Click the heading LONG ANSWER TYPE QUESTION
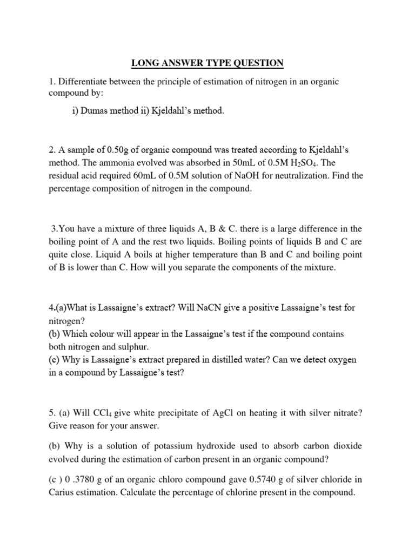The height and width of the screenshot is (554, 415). pyautogui.click(x=207, y=63)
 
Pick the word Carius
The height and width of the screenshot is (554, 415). pyautogui.click(x=62, y=492)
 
